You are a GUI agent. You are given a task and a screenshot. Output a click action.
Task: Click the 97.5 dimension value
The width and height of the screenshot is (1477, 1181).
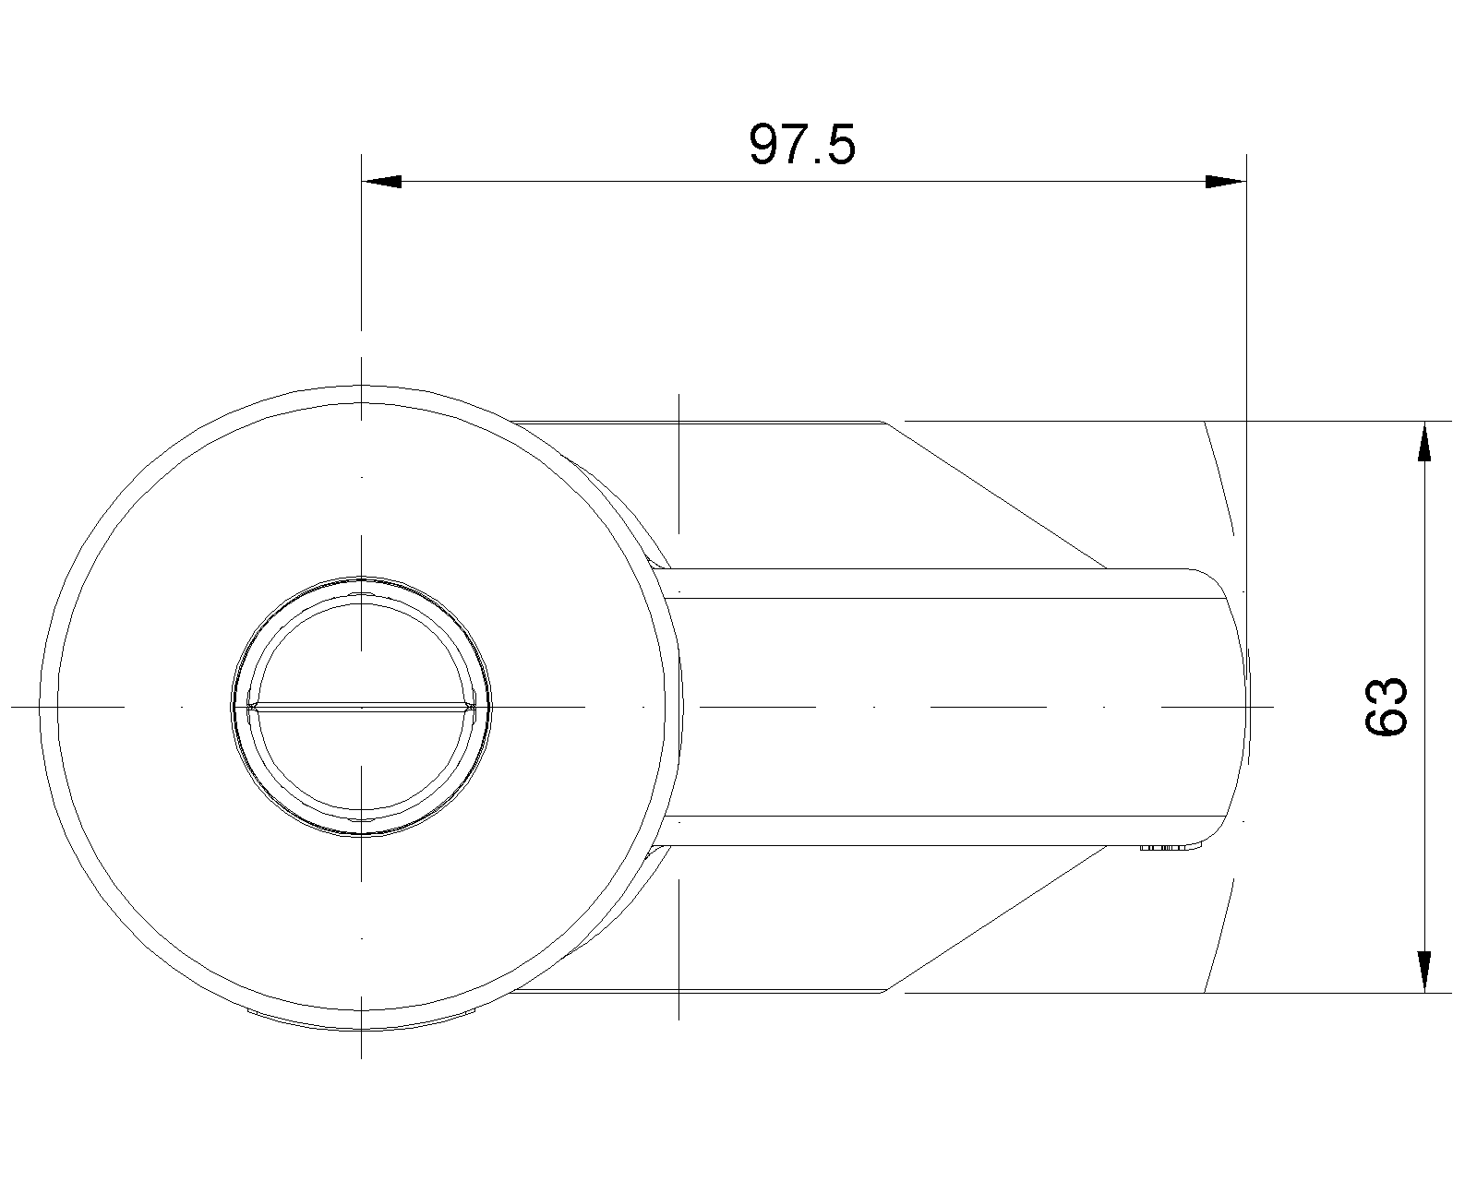coord(801,145)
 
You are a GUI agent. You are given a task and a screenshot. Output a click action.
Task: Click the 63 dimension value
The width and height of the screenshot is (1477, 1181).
coord(1385,707)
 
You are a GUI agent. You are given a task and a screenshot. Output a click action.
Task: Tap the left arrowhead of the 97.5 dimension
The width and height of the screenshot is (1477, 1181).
coord(381,182)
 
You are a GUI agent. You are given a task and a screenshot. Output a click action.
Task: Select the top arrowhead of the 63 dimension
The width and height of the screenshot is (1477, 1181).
coord(1424,440)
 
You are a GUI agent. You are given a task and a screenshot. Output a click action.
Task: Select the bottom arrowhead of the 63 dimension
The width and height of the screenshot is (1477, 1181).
coord(1424,972)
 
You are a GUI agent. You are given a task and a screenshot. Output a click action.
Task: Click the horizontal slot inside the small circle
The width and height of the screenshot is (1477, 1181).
coord(362,707)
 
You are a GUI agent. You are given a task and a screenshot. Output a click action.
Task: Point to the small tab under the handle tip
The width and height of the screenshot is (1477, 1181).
coord(1171,849)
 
